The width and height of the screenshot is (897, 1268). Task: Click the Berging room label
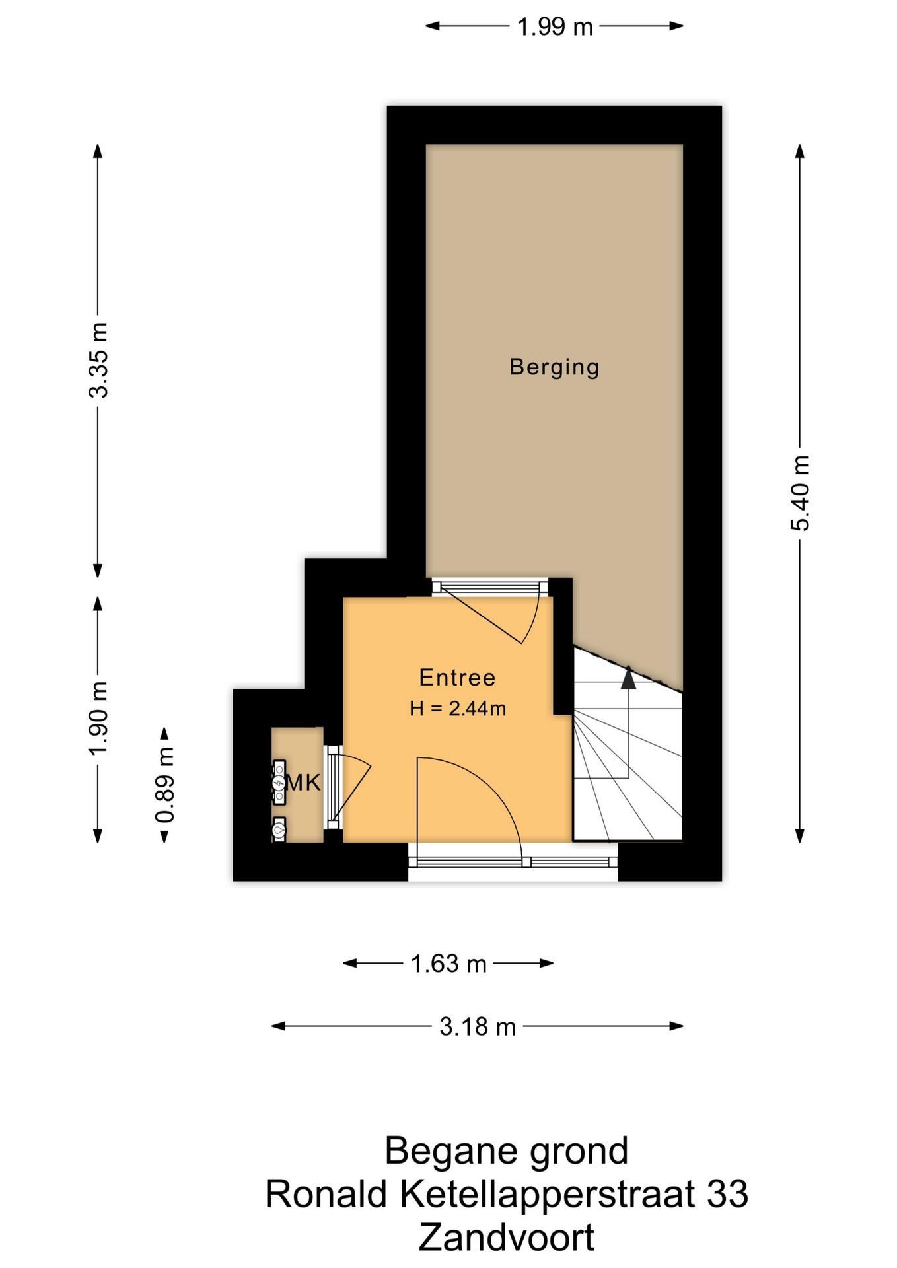554,367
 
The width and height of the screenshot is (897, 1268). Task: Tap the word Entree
457,678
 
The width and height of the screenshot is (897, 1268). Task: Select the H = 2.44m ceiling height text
458,709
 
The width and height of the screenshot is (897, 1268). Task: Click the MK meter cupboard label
303,783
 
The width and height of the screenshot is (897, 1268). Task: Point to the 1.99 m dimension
554,27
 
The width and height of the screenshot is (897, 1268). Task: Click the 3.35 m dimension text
98,360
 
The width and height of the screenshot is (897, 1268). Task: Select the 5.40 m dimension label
800,493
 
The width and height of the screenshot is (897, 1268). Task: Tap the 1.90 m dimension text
98,719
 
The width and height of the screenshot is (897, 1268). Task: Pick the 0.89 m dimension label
164,785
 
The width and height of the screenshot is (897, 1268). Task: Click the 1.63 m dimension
448,964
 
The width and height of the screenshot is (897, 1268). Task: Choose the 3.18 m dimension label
478,1026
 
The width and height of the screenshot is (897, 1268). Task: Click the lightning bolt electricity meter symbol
279,783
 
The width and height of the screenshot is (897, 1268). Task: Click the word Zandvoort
507,1238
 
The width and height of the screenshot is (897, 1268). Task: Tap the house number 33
727,1194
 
